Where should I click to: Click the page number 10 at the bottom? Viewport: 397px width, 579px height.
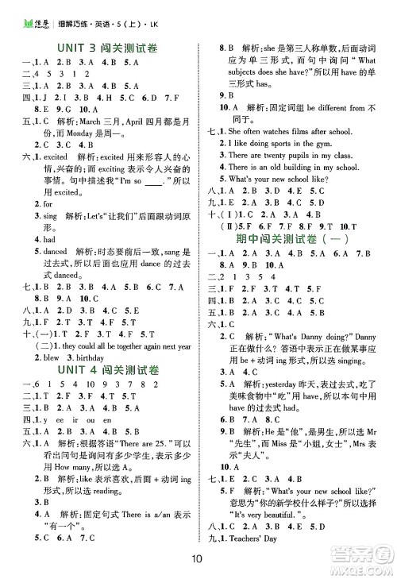click(x=198, y=557)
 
